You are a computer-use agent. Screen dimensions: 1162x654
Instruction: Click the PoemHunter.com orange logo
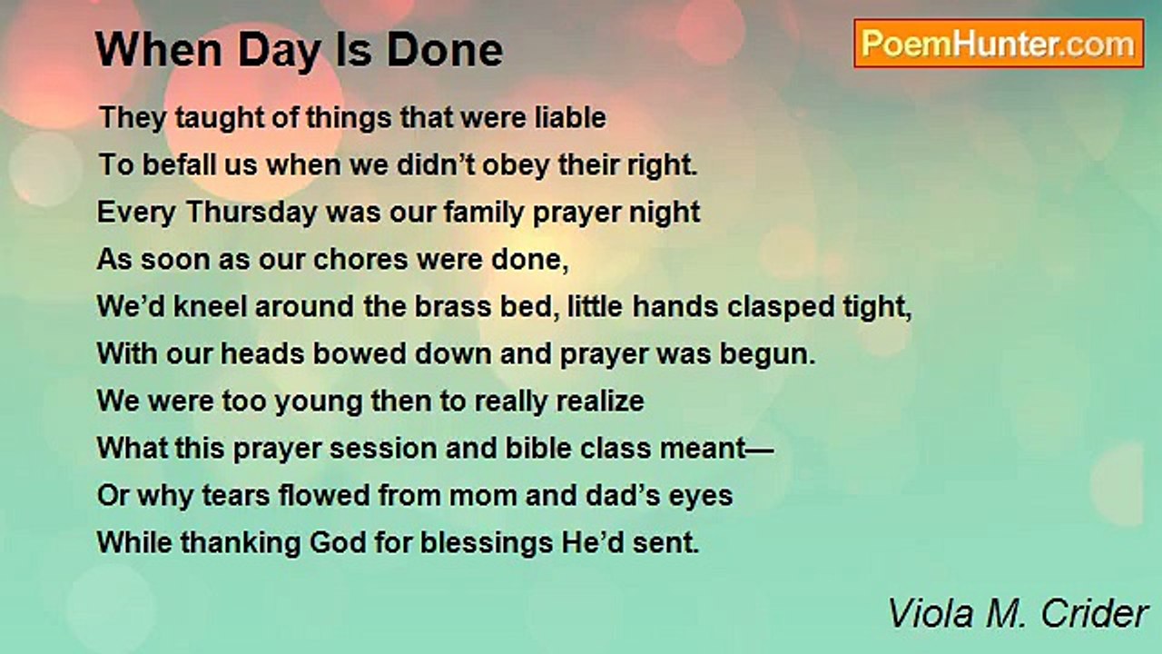1000,44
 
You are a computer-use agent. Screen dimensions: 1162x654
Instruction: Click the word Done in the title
445,50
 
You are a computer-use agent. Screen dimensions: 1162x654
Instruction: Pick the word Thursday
251,213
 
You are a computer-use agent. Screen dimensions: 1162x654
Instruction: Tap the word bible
538,448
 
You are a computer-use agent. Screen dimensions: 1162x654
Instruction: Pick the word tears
236,495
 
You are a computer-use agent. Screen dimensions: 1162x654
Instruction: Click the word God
338,542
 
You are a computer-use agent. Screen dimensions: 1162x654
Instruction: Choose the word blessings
487,543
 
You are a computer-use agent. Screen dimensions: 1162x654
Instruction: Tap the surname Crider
1095,613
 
